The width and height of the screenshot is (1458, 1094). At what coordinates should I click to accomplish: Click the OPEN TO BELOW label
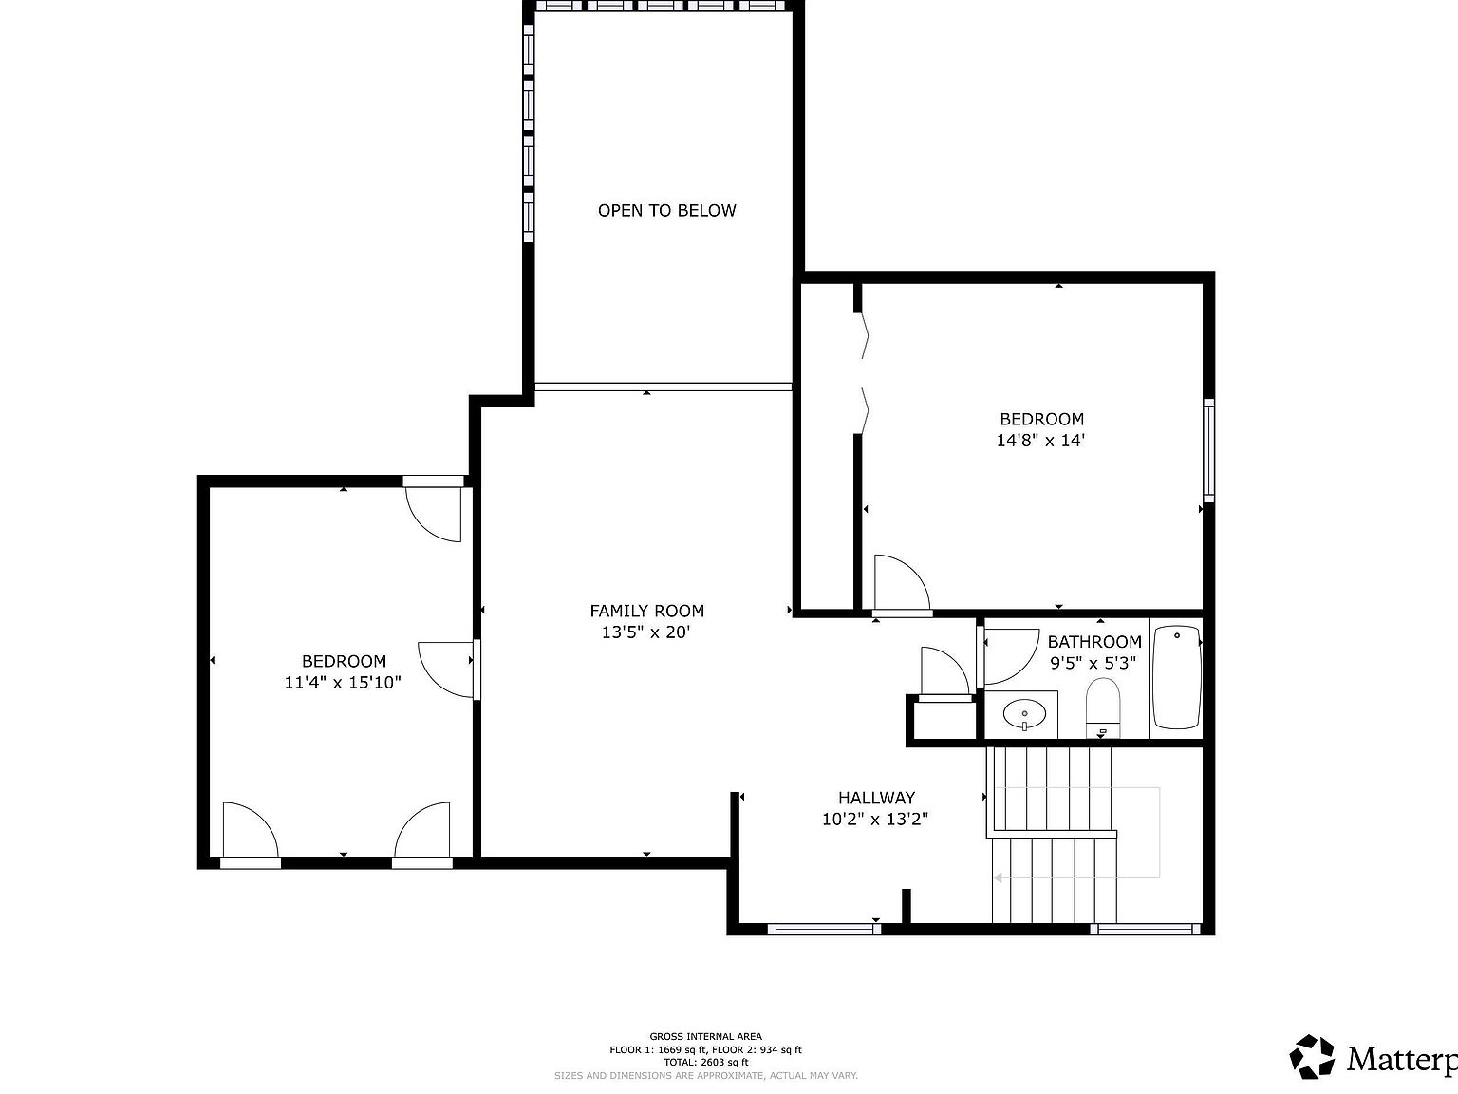pos(666,211)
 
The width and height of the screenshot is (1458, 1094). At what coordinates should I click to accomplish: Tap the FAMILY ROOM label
pos(646,612)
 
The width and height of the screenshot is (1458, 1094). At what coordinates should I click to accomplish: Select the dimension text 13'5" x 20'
pos(646,632)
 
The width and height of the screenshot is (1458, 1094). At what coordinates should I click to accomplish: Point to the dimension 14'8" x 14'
pos(1040,441)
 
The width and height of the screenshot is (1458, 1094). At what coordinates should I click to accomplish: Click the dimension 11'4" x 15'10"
pos(343,683)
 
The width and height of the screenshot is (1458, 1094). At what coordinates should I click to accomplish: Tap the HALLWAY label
pos(875,799)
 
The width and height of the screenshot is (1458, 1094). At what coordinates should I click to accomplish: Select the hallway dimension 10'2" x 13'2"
pos(874,820)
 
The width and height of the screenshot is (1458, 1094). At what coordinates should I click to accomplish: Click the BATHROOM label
pos(1093,642)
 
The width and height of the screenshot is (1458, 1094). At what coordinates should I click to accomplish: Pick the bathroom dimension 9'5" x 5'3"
pos(1092,664)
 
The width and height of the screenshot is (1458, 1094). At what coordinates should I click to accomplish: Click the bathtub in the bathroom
pos(1176,677)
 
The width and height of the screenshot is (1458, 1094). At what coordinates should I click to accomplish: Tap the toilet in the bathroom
pos(1103,708)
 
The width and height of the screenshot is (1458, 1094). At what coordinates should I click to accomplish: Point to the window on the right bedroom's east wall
pos(1208,450)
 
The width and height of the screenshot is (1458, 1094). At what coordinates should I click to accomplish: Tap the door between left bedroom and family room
pos(446,670)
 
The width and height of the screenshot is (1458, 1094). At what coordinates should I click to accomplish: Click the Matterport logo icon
pos(1312,1057)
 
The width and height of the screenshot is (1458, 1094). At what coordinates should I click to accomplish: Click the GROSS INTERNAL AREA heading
pos(705,1036)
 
